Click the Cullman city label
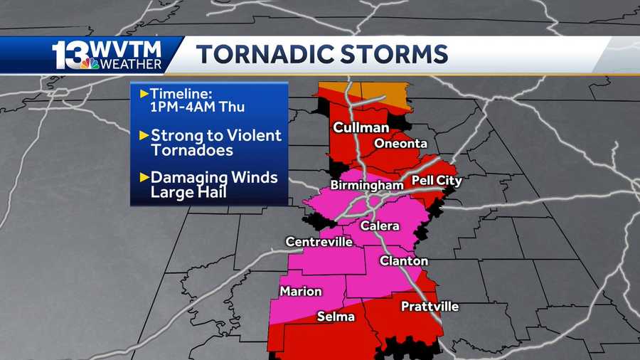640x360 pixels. (361, 128)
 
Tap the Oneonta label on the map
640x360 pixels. (400, 143)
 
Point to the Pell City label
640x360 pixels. (436, 181)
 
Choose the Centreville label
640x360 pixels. (319, 242)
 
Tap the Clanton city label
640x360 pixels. (403, 261)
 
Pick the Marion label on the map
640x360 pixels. (300, 292)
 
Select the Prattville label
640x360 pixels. (430, 307)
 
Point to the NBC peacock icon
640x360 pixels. (90, 64)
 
